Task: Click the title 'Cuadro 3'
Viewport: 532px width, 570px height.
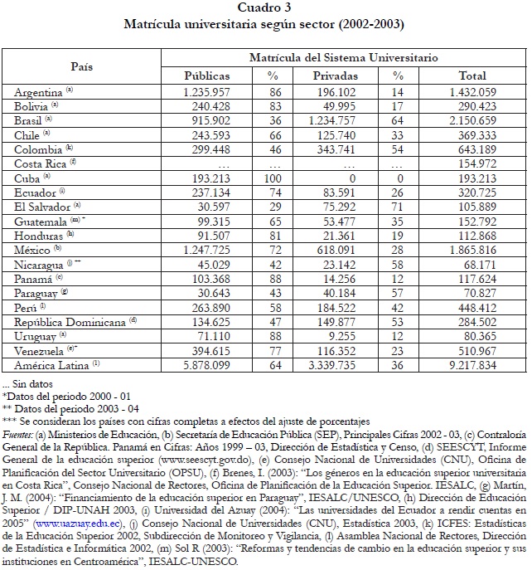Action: tap(264, 7)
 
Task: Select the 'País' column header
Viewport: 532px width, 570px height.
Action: tap(81, 66)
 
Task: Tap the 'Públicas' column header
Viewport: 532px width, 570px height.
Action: tap(206, 76)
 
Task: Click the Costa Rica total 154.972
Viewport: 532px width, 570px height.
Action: tap(472, 163)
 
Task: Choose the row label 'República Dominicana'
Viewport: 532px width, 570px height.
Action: tap(71, 322)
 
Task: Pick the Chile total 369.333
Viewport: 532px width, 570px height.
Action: tap(472, 134)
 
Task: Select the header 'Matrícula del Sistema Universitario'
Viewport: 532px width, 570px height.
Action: tap(343, 58)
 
